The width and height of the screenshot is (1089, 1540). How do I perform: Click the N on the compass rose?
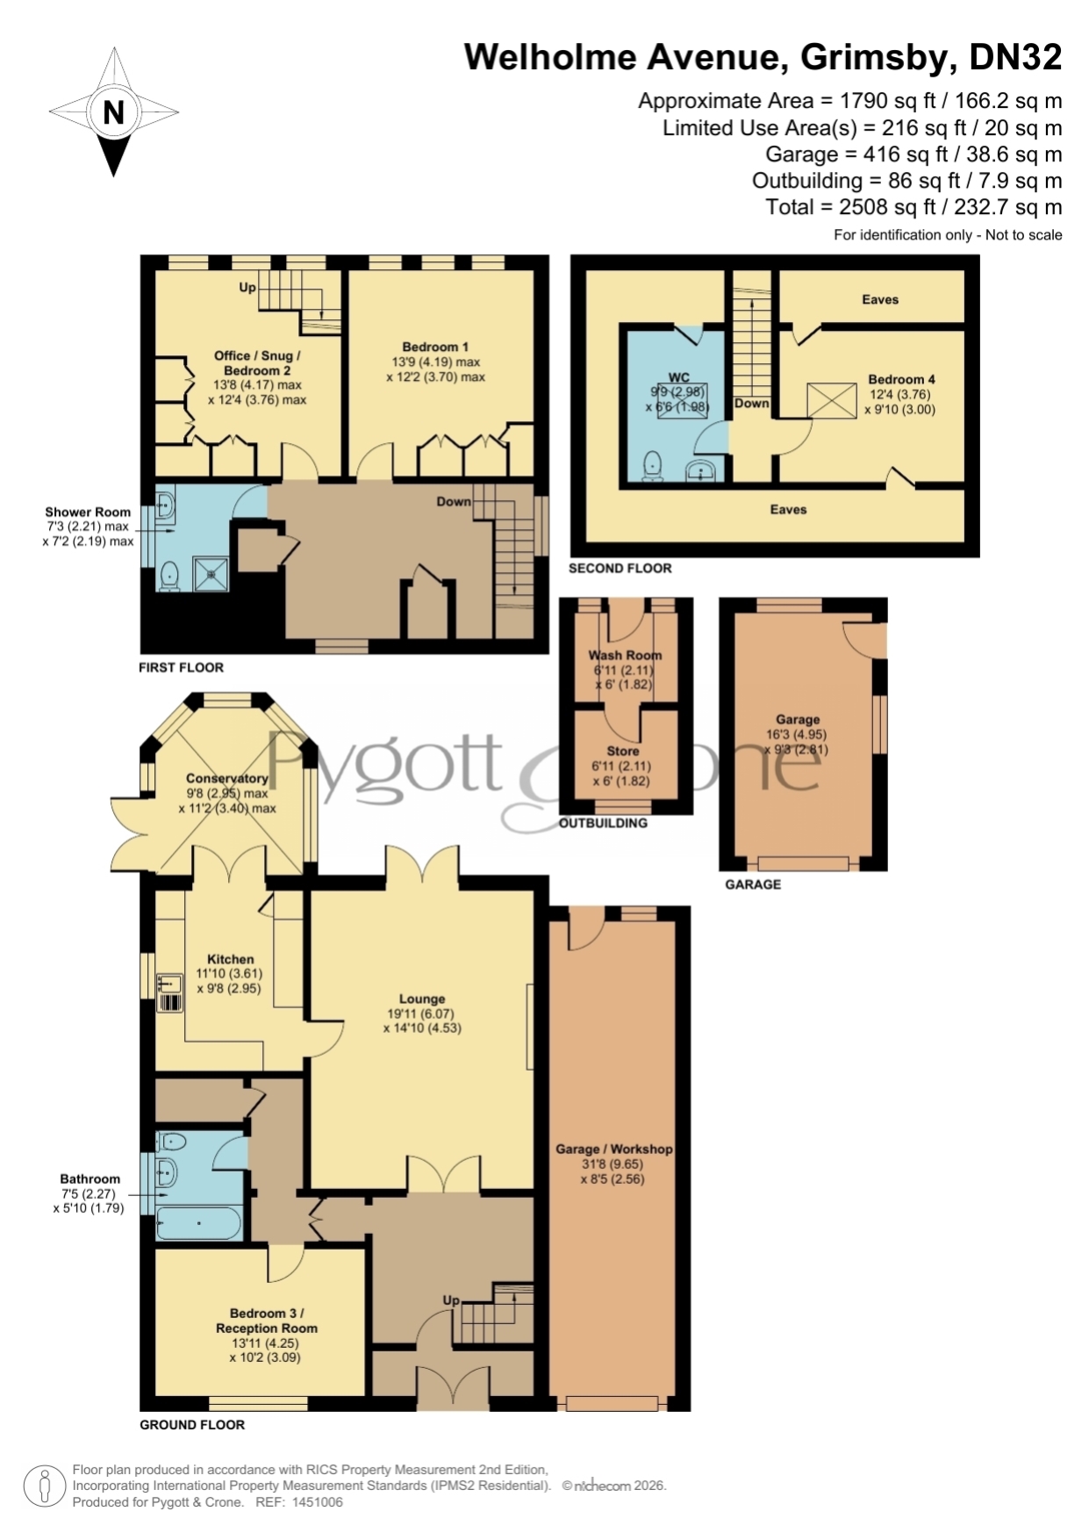point(114,112)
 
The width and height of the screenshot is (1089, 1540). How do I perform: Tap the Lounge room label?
point(422,999)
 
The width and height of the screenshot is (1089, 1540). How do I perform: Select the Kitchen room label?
point(230,959)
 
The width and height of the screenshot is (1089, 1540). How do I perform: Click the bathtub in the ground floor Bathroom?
point(199,1223)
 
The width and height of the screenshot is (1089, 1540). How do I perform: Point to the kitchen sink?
point(169,992)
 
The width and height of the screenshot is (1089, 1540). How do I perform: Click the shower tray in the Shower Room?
point(211,574)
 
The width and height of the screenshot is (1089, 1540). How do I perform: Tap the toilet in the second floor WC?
point(652,466)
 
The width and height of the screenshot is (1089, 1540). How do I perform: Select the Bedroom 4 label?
point(901,379)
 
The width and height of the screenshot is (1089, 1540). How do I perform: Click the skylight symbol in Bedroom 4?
point(831,401)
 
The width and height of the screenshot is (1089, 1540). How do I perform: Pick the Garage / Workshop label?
point(613,1149)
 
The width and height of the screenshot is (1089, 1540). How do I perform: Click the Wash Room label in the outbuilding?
point(625,655)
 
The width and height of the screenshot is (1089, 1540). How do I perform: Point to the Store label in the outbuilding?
point(623,751)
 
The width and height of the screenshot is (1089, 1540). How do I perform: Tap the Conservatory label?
point(226,778)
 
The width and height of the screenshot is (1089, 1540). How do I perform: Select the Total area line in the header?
point(913,207)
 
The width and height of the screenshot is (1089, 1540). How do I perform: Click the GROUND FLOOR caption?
point(192,1424)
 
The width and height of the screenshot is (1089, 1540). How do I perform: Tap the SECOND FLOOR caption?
point(620,568)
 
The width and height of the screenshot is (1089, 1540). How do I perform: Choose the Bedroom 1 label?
point(435,347)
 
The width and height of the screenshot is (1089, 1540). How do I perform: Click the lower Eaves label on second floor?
point(788,509)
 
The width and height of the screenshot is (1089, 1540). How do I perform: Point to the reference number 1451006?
point(316,1501)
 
